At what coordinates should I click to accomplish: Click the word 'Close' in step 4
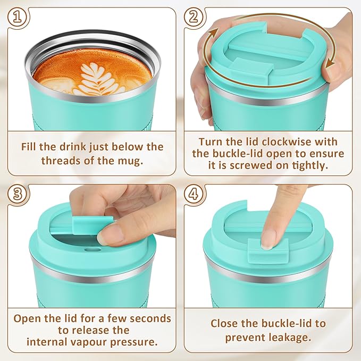click(x=226, y=323)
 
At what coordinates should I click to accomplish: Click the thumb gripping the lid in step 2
click(x=202, y=98)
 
